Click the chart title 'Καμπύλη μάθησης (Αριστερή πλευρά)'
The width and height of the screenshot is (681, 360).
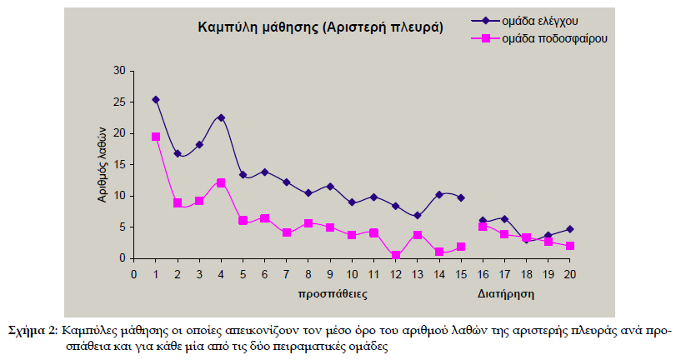pos(320,27)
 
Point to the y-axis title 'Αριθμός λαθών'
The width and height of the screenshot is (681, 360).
pos(100,164)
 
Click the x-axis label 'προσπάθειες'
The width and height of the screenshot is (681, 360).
pos(333,294)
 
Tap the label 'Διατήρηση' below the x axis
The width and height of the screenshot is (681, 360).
pos(505,294)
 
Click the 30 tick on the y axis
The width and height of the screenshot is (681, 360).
pos(118,71)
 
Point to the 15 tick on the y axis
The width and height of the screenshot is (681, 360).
pos(118,164)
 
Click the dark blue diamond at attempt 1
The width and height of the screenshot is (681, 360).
pos(156,99)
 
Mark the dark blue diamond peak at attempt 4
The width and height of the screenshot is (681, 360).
pos(221,117)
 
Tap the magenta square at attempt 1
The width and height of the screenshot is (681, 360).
pos(156,137)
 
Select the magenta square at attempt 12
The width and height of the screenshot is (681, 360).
pos(395,256)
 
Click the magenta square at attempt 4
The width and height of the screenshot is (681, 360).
pos(221,182)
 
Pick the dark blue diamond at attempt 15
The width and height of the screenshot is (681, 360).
pos(461,197)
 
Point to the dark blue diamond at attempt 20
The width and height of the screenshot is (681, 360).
pos(569,229)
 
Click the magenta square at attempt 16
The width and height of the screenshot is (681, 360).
pos(483,226)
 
